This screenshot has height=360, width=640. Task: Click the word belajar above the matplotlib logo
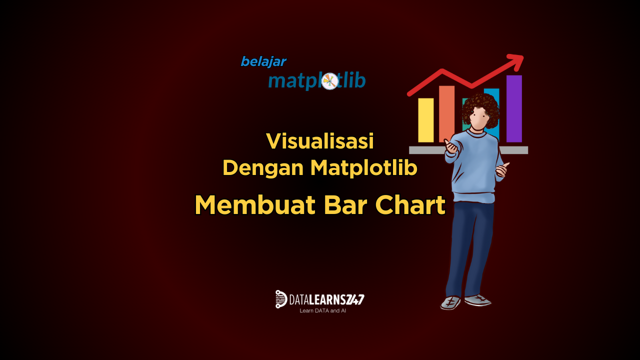(x=263, y=61)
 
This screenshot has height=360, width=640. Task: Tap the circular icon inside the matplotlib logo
(x=330, y=81)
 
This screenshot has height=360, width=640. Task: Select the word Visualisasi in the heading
(x=320, y=141)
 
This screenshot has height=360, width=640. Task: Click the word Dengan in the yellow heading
(x=263, y=167)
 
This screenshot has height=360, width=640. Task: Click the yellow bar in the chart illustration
(x=425, y=120)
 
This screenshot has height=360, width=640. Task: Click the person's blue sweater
(x=473, y=165)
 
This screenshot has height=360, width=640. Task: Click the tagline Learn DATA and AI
(x=322, y=310)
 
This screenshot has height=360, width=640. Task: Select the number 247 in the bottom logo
(x=355, y=299)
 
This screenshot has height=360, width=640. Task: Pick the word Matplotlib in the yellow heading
(x=363, y=167)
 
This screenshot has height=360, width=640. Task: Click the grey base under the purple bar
(x=515, y=150)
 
